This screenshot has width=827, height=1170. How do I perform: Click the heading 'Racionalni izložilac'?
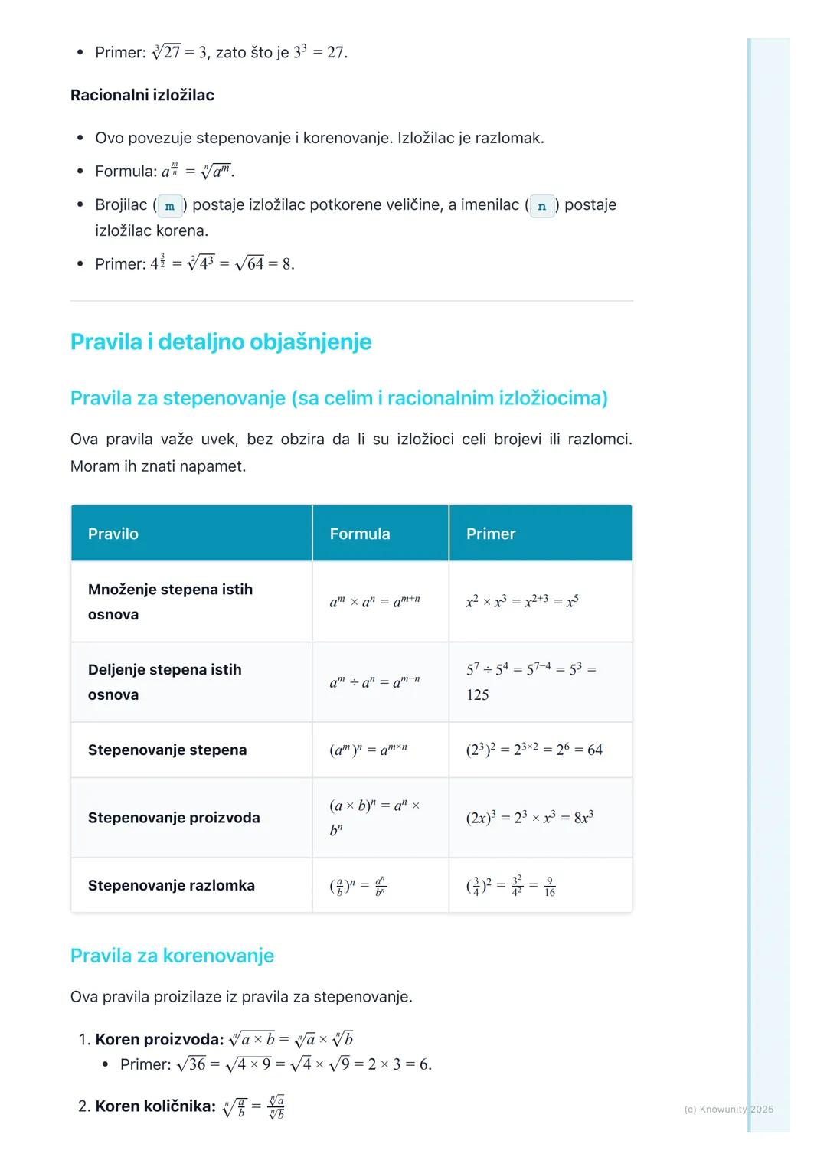tap(142, 95)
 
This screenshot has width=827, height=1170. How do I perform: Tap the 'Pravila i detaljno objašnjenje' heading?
tap(221, 342)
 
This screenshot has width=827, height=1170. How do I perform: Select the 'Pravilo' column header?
tap(113, 534)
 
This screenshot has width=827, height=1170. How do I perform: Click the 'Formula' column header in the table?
tap(360, 534)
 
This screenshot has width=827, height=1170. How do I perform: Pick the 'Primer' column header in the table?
tap(491, 534)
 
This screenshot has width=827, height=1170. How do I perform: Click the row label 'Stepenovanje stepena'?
tap(167, 750)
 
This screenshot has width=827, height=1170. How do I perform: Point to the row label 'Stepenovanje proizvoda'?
tap(174, 818)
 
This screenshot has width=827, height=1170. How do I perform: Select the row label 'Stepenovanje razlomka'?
tap(172, 885)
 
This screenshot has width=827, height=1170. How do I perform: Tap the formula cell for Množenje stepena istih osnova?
tap(374, 602)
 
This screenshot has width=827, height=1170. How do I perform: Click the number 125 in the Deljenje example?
tap(478, 694)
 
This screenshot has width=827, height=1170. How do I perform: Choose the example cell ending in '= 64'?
tap(534, 750)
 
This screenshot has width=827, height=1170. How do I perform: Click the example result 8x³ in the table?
tap(583, 818)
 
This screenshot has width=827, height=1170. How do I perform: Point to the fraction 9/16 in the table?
tap(549, 887)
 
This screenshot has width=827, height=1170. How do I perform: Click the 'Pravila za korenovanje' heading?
tap(172, 956)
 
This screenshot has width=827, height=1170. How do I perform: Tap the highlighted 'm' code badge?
tap(170, 206)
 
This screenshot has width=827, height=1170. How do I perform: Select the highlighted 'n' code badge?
tap(542, 206)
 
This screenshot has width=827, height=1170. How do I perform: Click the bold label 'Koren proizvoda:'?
tap(159, 1039)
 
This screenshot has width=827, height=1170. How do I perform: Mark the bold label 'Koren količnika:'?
tap(155, 1106)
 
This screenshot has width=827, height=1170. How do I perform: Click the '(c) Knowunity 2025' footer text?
tap(728, 1109)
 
